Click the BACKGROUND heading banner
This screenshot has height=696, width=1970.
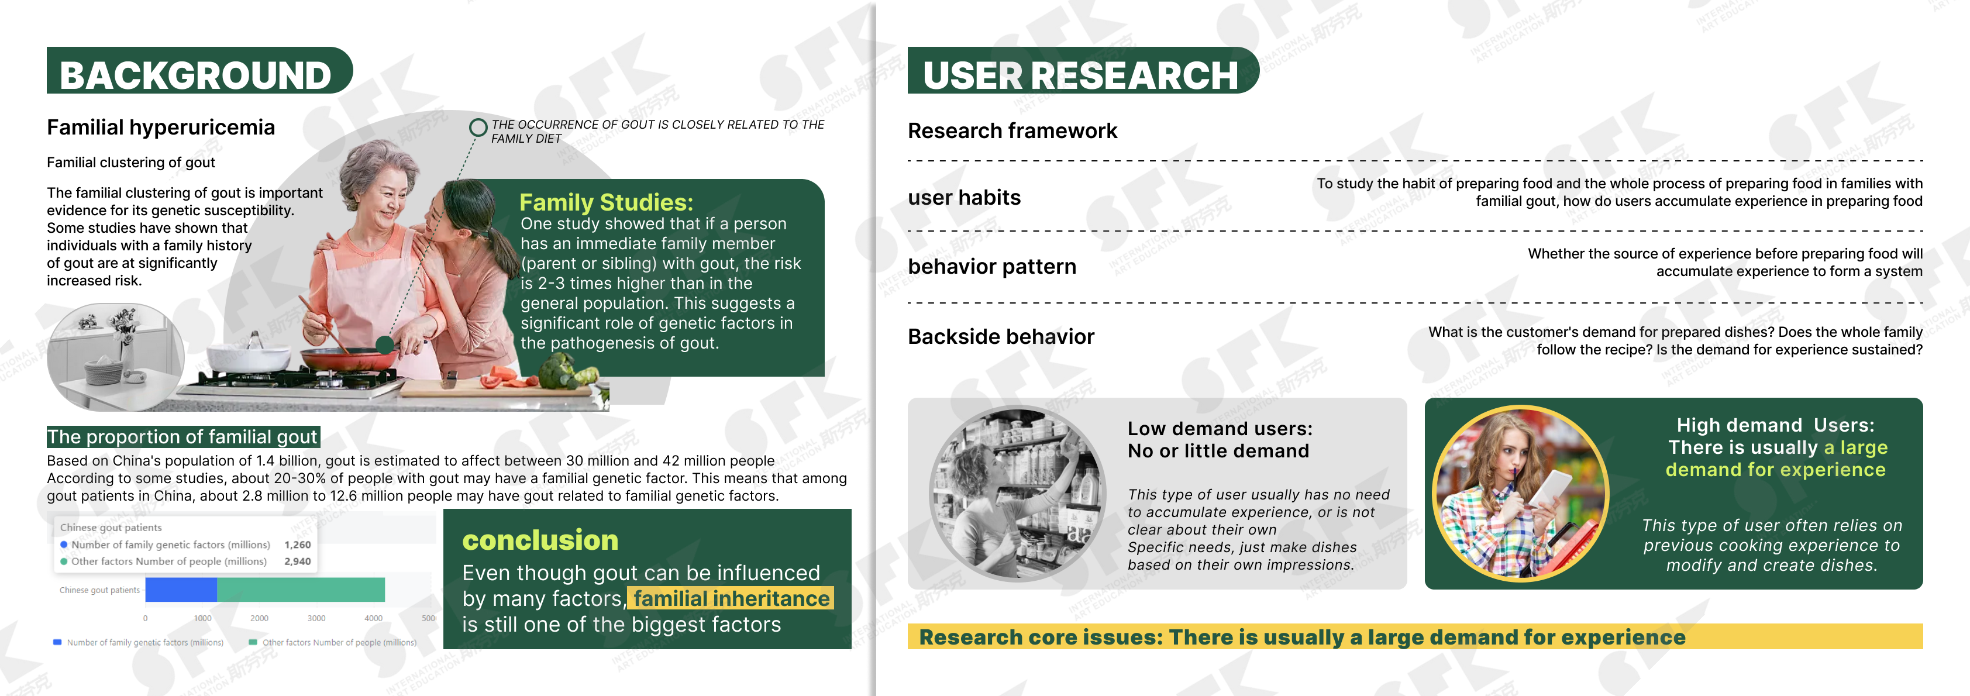[199, 70]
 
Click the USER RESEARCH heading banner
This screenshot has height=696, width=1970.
[1082, 70]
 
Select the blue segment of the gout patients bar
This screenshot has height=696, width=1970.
[181, 590]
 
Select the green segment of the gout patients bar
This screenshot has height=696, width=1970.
[301, 590]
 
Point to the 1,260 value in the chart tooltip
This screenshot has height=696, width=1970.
[298, 545]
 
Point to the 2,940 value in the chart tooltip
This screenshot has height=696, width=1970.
[298, 561]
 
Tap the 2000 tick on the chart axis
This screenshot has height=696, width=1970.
[259, 618]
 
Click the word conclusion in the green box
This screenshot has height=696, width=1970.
[540, 540]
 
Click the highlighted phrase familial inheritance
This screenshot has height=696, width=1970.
[731, 598]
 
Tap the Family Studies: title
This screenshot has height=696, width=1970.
[607, 202]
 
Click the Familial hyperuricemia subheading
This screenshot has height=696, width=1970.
[161, 128]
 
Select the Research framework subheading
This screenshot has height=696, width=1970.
[1012, 131]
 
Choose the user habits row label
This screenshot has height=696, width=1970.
[965, 197]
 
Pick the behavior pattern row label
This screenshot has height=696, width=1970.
[992, 266]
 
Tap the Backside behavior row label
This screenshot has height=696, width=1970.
[1001, 336]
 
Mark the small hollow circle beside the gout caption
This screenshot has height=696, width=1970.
[478, 127]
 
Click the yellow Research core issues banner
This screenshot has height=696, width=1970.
[1415, 637]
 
